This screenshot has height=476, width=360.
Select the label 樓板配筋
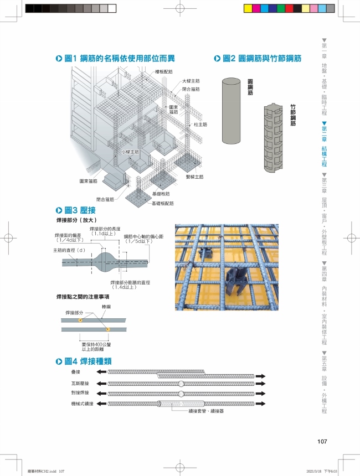point(163,72)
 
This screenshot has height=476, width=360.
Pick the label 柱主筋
point(200,125)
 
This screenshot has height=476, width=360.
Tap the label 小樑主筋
point(130,151)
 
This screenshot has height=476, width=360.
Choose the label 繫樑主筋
point(194,177)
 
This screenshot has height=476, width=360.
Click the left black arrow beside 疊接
point(102,372)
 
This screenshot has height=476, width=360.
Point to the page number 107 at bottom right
point(323,441)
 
